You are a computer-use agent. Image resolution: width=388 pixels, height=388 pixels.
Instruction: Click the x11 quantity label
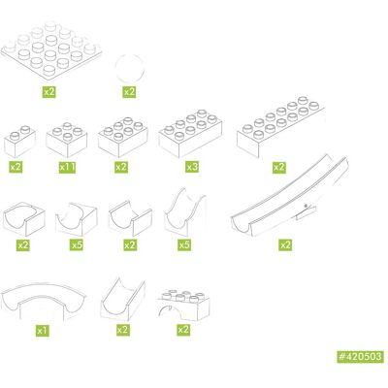pos(68,167)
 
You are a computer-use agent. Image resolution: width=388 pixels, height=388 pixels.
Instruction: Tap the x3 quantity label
pos(192,167)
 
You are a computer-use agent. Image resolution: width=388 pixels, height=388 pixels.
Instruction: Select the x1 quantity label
pos(43,331)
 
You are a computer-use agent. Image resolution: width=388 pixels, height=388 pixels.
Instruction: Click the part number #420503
pos(361,357)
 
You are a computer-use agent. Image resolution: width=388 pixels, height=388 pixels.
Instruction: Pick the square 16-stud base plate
pos(50,50)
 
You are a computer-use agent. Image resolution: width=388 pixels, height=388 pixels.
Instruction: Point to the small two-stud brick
pos(19,141)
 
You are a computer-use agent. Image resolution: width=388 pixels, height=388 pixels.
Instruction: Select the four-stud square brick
pos(67,140)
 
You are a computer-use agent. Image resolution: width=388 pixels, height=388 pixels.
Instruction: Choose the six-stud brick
pos(123,137)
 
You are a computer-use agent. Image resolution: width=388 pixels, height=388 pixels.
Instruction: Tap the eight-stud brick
pos(190,134)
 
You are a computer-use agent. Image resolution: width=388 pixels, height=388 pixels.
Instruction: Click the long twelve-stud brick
pos(280,127)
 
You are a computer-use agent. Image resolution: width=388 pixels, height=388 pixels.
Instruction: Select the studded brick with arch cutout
pos(183,305)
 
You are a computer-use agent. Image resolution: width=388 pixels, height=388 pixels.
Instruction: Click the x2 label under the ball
pos(129,92)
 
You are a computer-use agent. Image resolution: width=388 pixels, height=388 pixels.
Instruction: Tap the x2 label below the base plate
pos(49,92)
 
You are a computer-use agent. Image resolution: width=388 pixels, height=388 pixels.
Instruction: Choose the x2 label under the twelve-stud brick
pos(278,167)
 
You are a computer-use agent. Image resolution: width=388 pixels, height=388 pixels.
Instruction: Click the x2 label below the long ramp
pos(285,244)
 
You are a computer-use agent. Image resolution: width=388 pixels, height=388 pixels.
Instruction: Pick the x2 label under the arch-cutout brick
pos(183,330)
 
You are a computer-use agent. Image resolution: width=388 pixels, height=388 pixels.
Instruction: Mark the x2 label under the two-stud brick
pos(16,167)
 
